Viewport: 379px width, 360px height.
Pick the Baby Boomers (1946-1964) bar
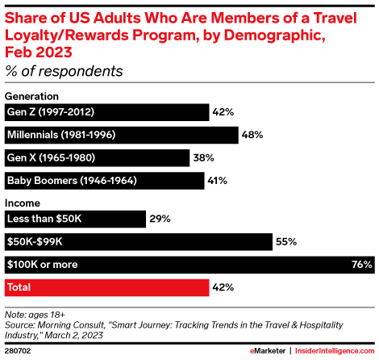tap(104, 180)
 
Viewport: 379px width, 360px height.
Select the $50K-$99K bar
tap(137, 241)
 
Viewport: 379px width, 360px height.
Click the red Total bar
tap(105, 287)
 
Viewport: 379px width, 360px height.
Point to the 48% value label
tap(252, 135)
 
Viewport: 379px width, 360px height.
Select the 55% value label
tap(286, 241)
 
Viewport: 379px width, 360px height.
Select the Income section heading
tap(23, 203)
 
